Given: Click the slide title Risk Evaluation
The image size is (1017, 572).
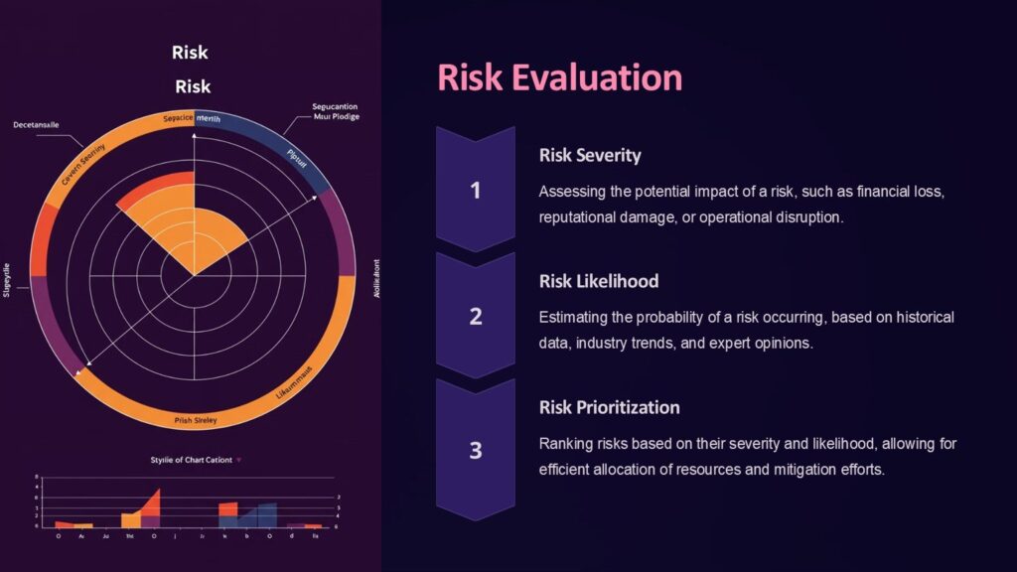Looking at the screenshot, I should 559,78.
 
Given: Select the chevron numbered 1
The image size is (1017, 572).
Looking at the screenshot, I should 476,189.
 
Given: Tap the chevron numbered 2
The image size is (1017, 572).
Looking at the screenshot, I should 476,316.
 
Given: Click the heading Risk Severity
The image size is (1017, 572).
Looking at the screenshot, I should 590,155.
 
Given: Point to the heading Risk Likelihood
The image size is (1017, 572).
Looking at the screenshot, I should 599,281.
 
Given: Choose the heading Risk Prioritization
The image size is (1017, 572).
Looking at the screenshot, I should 609,407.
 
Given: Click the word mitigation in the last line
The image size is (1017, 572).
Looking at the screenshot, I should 781,469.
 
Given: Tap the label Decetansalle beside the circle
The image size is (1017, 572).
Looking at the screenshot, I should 36,125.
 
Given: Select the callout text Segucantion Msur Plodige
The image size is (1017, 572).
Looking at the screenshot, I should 335,111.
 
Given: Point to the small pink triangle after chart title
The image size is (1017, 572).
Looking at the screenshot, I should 239,460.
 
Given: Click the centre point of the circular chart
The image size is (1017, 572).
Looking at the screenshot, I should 194,275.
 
